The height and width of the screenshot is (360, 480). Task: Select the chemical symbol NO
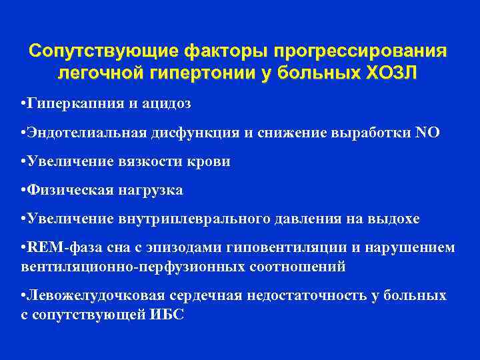point(427,133)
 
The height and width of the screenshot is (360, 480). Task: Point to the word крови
point(209,161)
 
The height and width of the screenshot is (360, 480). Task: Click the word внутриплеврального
point(189,219)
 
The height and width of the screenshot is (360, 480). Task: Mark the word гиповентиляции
point(289,247)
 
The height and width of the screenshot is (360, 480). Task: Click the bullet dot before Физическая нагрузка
point(23,190)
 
